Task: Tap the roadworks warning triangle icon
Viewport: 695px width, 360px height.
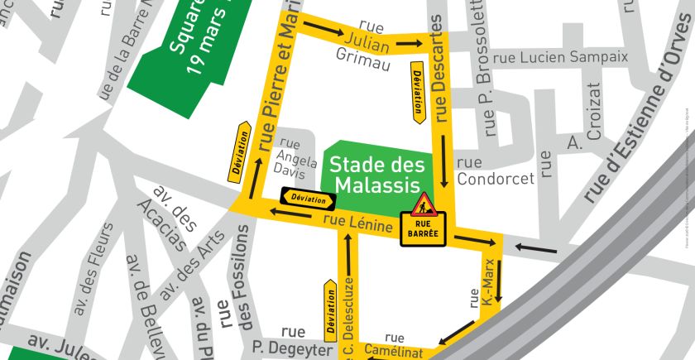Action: [423, 204]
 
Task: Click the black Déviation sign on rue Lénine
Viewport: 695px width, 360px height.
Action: [308, 199]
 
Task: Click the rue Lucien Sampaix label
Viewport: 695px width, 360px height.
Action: [560, 58]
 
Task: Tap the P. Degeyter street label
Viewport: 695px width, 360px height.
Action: [286, 343]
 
